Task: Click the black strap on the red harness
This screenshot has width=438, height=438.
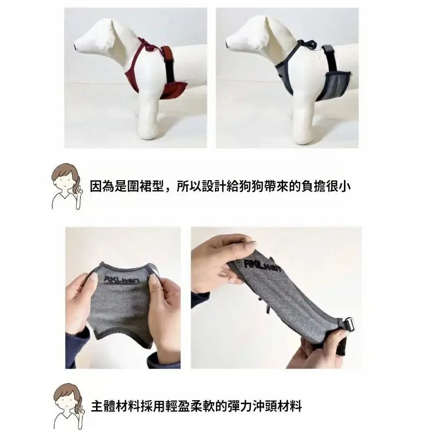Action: point(170,67)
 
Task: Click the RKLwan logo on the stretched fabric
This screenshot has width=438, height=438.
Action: point(263,265)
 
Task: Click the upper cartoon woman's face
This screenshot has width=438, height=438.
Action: point(64,182)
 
